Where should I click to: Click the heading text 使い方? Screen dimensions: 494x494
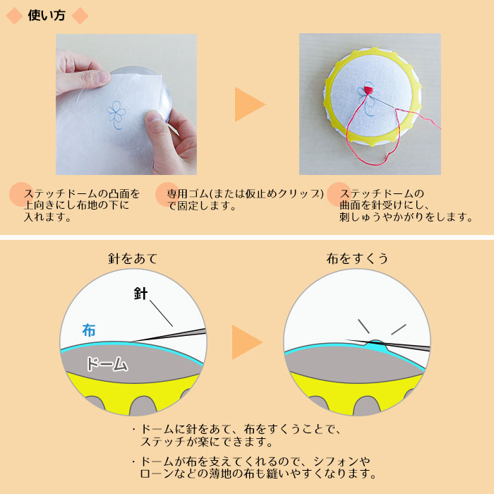click(47, 16)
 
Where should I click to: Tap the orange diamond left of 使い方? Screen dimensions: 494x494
click(15, 16)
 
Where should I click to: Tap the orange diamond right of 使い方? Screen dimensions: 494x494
click(80, 16)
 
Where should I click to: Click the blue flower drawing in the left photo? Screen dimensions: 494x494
click(116, 114)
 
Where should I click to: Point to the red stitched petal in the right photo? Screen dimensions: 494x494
click(368, 90)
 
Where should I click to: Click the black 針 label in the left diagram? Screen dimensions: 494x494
click(140, 294)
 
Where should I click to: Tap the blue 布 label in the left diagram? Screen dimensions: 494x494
click(88, 330)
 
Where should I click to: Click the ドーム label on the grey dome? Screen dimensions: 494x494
click(107, 364)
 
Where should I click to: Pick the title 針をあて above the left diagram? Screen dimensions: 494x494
click(133, 259)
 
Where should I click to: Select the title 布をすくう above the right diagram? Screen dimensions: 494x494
click(357, 259)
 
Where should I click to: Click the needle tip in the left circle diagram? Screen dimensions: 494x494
click(133, 341)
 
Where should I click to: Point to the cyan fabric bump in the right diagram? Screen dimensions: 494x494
click(376, 344)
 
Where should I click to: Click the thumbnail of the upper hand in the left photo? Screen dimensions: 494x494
click(103, 76)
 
